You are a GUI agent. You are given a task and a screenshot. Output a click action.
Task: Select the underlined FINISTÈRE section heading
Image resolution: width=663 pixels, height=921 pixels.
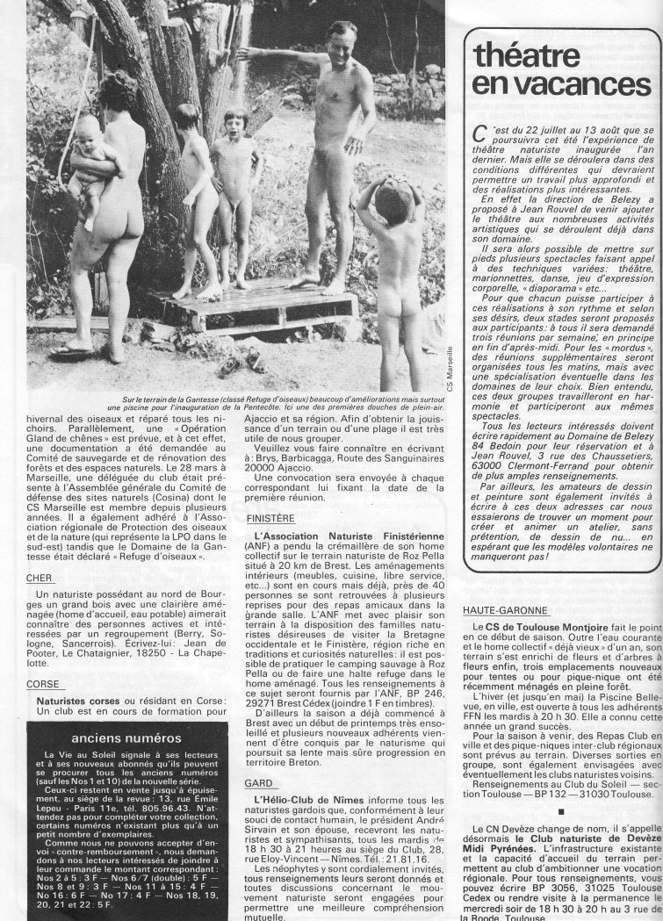tap(270, 519)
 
